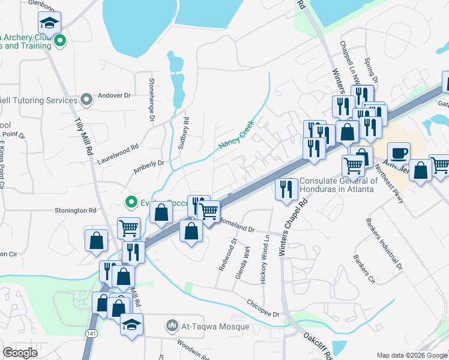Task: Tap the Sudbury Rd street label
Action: [x=186, y=128]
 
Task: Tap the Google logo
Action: [x=20, y=352]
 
